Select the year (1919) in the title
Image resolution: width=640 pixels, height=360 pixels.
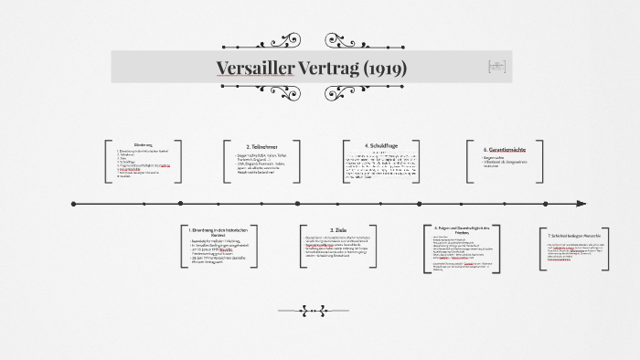[x=386, y=69]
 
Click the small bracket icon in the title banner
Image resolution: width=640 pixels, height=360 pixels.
[x=496, y=67]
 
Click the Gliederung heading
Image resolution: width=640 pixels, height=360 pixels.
[x=144, y=144]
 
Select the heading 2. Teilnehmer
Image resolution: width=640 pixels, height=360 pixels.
[x=261, y=146]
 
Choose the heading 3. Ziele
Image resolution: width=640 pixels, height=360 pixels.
[x=337, y=230]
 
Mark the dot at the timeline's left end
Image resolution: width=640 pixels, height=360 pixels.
[x=73, y=204]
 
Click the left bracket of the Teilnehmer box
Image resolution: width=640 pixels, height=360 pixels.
[x=226, y=162]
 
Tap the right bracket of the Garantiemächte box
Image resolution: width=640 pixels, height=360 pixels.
[x=544, y=162]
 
